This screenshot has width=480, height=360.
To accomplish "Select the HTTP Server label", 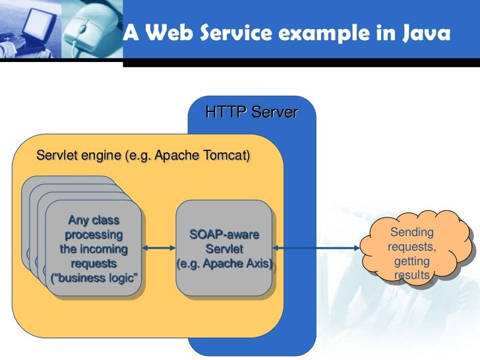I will point(251,113).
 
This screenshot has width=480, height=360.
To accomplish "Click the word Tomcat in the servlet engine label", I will point(224,156).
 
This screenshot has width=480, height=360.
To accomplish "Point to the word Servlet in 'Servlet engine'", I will point(56,156).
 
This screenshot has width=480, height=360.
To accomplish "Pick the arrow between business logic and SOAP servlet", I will point(160,249).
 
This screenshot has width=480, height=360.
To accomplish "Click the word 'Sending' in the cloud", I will point(412,232).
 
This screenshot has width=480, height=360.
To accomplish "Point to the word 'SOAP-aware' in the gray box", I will point(224,234).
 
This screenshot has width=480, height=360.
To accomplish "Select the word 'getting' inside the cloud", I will point(412,261).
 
